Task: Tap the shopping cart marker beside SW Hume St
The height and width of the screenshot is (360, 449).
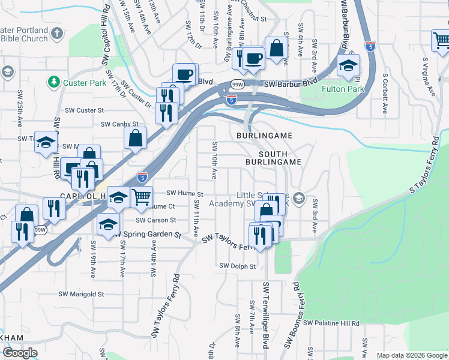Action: coord(141,196)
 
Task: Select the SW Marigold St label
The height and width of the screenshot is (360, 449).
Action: coord(81,295)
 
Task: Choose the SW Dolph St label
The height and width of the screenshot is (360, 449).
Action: coord(238,266)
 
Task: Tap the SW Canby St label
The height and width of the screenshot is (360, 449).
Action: coord(115,124)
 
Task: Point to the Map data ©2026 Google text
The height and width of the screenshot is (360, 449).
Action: coord(411,355)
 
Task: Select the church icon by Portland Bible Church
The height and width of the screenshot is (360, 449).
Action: coord(57,33)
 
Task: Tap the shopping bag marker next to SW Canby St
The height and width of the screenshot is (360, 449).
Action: coord(136,138)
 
